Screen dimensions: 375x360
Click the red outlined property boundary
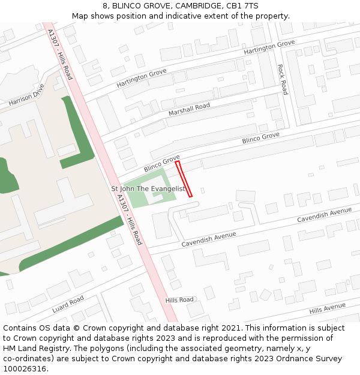184,179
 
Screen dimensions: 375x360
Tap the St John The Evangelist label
148,188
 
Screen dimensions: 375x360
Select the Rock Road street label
282,80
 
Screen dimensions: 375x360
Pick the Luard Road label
68,304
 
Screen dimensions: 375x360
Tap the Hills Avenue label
327,308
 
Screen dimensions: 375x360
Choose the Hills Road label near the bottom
179,299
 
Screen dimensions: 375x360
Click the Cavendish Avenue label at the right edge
324,215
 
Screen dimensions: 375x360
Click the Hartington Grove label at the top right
269,48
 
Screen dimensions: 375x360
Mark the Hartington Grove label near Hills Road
142,78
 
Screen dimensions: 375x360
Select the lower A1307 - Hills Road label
130,218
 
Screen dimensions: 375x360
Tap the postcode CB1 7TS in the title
244,6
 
